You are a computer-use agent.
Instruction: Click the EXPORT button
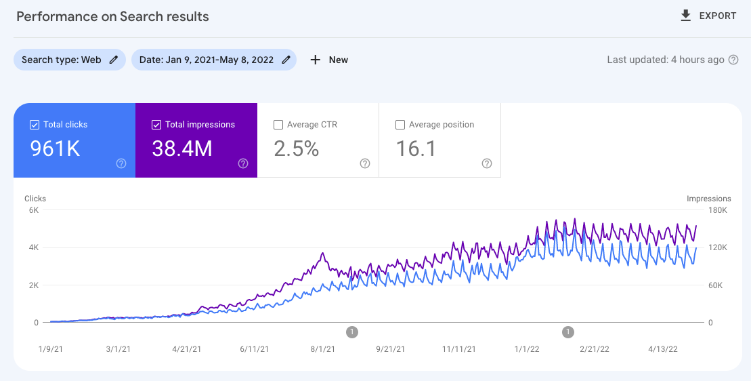tap(708, 16)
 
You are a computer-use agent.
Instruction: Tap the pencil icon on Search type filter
tap(114, 60)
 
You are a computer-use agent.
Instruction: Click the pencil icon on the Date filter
tap(286, 60)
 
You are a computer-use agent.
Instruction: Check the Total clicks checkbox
tap(35, 125)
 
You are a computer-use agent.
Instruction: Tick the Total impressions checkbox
tap(156, 125)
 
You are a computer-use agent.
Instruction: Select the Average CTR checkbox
tap(278, 125)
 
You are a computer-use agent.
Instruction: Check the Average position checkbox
tap(400, 125)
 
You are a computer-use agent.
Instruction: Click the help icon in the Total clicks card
tap(121, 163)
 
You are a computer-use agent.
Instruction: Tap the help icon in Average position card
tap(487, 163)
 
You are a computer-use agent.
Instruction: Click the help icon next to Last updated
tap(733, 60)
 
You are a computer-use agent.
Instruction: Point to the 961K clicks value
tap(55, 148)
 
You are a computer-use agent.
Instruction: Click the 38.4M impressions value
tap(182, 148)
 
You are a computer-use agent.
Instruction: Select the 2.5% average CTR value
tap(297, 148)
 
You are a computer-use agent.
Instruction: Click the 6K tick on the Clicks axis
tap(33, 210)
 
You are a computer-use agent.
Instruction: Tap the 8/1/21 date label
tap(323, 349)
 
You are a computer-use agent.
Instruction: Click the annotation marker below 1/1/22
tap(568, 332)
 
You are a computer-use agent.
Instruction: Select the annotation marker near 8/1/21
tap(352, 332)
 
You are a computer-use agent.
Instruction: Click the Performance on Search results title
tap(112, 16)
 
